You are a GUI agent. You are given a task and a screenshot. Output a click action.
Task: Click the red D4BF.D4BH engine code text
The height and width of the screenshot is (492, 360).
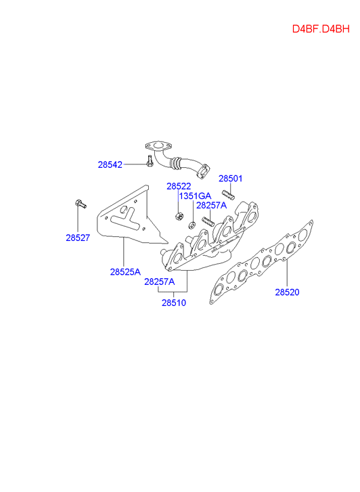click(321, 29)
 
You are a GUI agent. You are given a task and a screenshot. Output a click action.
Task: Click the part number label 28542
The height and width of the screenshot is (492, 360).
click(110, 164)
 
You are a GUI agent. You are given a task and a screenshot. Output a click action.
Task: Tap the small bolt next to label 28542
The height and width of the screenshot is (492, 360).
click(150, 160)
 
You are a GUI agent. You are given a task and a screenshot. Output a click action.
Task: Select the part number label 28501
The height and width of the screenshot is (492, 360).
click(230, 179)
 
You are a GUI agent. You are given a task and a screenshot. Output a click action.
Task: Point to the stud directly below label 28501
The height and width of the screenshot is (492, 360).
click(228, 195)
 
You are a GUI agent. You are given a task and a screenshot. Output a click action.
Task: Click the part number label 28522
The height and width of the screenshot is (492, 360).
click(179, 186)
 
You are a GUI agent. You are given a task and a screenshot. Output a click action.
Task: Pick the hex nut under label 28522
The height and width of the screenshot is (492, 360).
click(179, 216)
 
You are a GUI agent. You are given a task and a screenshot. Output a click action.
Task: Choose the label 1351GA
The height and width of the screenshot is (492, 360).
click(195, 196)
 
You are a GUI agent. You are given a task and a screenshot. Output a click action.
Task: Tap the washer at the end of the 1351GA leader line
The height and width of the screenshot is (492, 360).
click(192, 225)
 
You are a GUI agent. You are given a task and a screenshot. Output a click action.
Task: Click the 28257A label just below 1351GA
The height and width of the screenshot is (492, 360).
click(211, 205)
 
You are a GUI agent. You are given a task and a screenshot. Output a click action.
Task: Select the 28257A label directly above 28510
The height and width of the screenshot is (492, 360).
click(160, 282)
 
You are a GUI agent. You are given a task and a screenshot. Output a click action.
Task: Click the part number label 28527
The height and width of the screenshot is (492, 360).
click(78, 238)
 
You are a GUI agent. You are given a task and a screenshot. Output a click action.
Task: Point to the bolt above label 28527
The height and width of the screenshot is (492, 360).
click(81, 204)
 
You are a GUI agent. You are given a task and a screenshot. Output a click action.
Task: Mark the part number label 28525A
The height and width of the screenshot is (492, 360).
click(125, 272)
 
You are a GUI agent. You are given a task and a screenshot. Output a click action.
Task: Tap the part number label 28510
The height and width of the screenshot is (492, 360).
click(174, 303)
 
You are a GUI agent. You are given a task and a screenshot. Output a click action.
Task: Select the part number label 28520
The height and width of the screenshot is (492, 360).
click(287, 292)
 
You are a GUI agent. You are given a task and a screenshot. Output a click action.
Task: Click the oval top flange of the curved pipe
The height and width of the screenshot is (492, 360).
click(158, 146)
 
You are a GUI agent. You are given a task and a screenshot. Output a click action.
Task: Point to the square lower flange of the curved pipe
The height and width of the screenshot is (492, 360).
click(202, 171)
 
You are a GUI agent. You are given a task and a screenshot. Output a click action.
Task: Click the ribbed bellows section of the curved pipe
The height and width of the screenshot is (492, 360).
click(175, 163)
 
